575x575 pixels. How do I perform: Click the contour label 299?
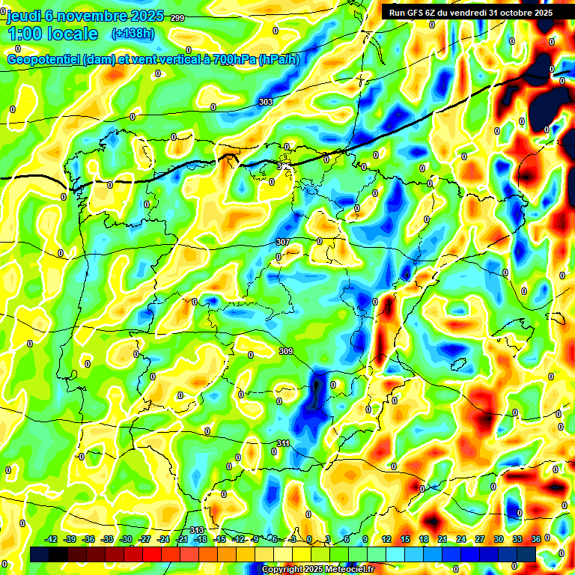(x=177, y=18)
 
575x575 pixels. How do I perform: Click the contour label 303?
(x=266, y=102)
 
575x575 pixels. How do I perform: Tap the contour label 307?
(x=282, y=242)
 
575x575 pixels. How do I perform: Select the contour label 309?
(x=285, y=351)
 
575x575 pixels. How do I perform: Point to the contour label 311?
(x=283, y=443)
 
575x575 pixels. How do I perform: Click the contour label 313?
(x=197, y=530)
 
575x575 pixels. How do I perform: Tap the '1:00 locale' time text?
(x=52, y=34)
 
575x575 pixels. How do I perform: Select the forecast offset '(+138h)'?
(x=133, y=34)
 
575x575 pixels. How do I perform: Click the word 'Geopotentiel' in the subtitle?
(x=44, y=59)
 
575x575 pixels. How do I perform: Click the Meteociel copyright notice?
(x=317, y=570)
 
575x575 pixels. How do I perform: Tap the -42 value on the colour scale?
(x=52, y=539)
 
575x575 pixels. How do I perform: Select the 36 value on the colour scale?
(x=536, y=539)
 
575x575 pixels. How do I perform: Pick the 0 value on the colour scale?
(x=309, y=539)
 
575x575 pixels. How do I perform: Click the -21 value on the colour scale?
(x=182, y=539)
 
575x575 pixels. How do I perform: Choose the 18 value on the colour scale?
(x=424, y=539)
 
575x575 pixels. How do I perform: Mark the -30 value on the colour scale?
(x=126, y=539)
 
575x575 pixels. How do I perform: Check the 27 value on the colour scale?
(x=480, y=539)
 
